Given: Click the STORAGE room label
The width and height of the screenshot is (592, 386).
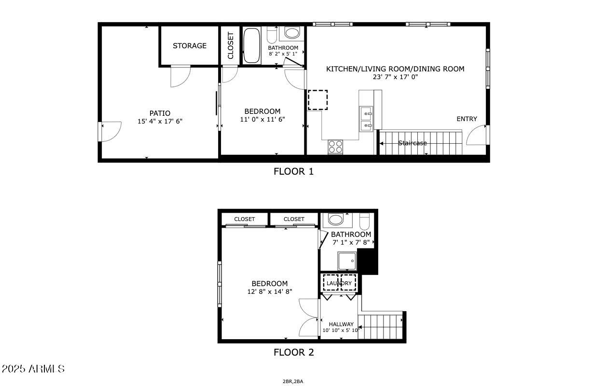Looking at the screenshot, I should click(x=190, y=46).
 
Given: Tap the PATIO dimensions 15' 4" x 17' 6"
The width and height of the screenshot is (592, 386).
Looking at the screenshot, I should click(x=160, y=122).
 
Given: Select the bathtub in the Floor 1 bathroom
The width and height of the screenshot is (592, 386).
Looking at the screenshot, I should click(x=251, y=46).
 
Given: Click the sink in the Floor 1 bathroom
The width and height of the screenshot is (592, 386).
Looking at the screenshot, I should click(x=291, y=33).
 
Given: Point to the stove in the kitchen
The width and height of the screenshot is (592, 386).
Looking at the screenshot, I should click(x=335, y=146).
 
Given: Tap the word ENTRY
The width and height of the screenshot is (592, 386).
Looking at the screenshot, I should click(x=467, y=119).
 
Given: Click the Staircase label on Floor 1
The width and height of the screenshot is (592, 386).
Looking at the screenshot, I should click(x=413, y=143).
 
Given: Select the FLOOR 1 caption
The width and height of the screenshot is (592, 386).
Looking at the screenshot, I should click(x=293, y=171).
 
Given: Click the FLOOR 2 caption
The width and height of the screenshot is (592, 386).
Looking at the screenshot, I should click(x=293, y=352).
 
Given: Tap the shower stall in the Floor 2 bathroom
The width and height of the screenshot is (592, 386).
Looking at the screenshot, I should click(x=347, y=261).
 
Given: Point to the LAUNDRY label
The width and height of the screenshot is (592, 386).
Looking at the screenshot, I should click(x=339, y=283).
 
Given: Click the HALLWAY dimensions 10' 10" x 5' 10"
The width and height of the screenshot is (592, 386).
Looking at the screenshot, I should click(x=341, y=331).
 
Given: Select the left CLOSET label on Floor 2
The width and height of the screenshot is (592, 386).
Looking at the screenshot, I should click(x=245, y=219).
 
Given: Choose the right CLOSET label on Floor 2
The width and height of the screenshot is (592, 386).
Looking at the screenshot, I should click(x=294, y=219).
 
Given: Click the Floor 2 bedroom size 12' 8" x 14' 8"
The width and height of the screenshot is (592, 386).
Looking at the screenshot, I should click(x=269, y=291).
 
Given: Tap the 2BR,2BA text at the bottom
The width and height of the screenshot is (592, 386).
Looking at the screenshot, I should click(x=293, y=382).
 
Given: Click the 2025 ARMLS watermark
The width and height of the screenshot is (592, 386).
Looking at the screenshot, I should click(x=33, y=369).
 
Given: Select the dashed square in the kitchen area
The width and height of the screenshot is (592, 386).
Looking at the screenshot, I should click(x=317, y=100).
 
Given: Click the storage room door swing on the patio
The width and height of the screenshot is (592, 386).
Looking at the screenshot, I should click(x=180, y=77).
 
